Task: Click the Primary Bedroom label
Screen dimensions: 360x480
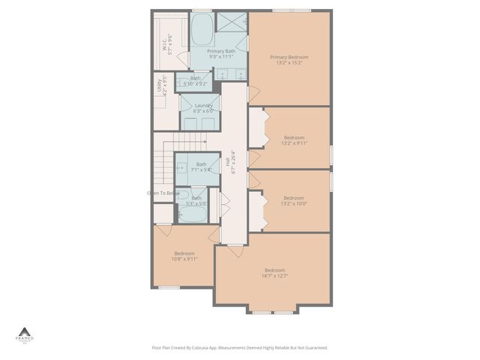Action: [x=289, y=57]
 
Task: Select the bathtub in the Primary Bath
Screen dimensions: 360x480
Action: [x=202, y=32]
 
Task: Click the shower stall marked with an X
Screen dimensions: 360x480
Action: [x=232, y=22]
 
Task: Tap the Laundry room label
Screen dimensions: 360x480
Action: [x=203, y=106]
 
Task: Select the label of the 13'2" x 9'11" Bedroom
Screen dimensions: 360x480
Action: [x=293, y=137]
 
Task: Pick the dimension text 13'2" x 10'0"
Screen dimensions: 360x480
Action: [x=293, y=203]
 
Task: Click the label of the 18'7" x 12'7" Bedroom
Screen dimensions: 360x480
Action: [x=274, y=270]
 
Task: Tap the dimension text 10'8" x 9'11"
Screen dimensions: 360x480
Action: [x=185, y=259]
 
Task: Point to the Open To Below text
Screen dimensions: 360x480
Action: [x=163, y=193]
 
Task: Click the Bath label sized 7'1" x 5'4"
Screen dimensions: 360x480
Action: [x=201, y=164]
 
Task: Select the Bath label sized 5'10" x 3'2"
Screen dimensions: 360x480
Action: [x=195, y=78]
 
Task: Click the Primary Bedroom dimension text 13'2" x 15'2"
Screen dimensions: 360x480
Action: [x=289, y=62]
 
